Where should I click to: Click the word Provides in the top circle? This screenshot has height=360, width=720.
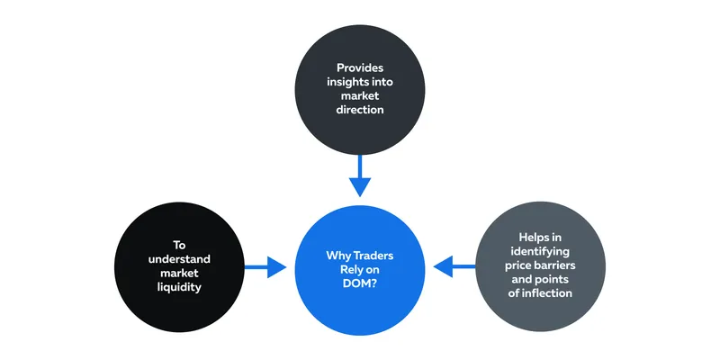tap(360, 68)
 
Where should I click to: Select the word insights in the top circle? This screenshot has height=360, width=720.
tap(344, 82)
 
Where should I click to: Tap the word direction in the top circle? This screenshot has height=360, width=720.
tap(360, 110)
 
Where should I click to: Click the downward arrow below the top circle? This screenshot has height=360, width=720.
tap(360, 175)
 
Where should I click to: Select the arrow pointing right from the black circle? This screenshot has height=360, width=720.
tap(265, 266)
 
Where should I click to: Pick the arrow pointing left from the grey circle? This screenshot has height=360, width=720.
tap(454, 266)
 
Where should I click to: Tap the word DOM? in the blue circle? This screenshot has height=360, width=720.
tap(360, 283)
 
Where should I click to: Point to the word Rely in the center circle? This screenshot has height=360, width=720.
tap(351, 269)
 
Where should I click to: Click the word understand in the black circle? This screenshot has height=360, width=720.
tap(179, 259)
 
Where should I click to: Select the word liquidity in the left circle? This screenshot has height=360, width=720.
tap(179, 287)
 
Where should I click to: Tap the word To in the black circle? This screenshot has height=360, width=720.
tap(179, 245)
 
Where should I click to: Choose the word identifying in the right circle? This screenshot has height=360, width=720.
tap(540, 252)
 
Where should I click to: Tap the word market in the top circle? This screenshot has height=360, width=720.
tap(360, 96)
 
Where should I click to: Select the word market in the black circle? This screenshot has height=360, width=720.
tap(179, 274)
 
